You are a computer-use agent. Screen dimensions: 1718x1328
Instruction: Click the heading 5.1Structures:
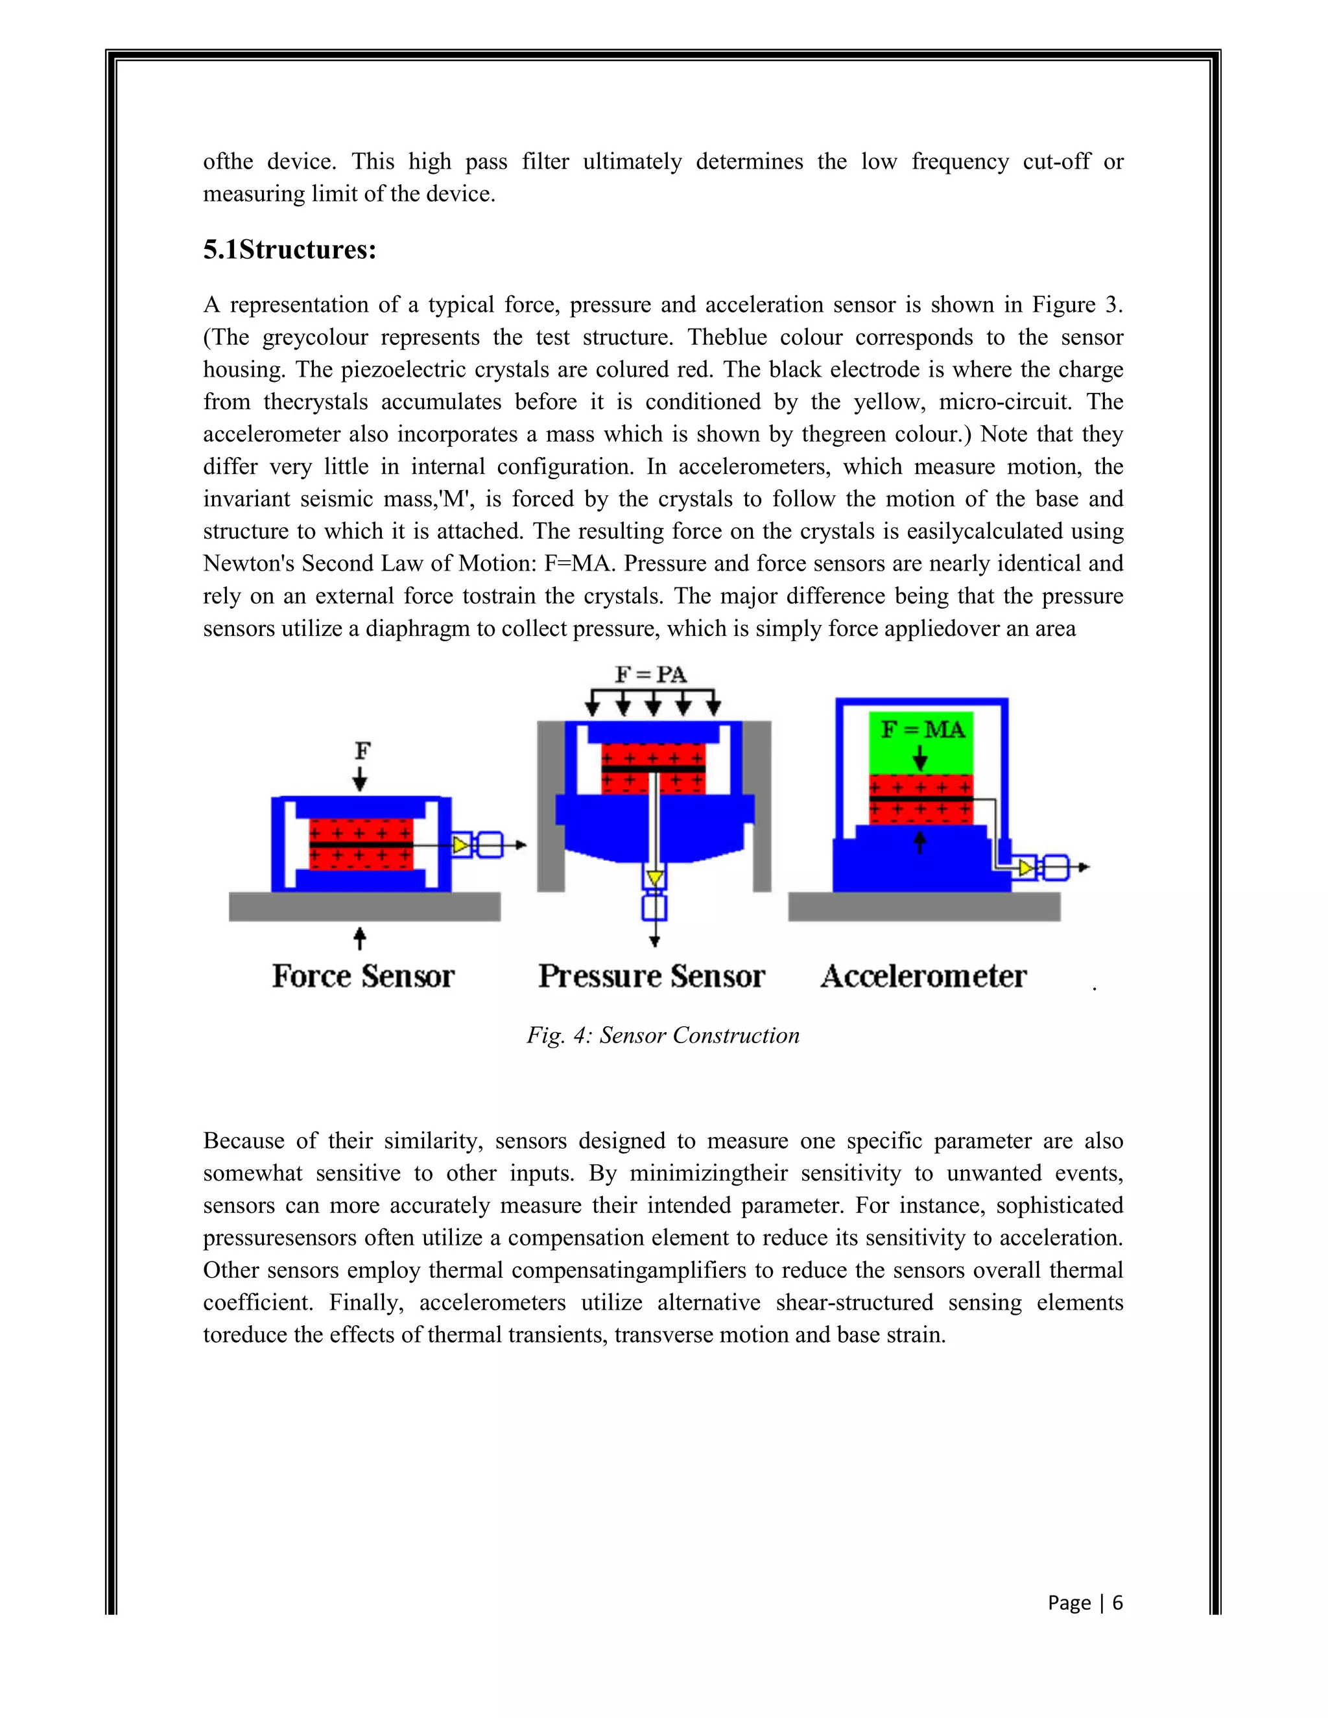coord(289,250)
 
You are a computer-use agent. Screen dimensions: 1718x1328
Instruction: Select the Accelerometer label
coord(923,976)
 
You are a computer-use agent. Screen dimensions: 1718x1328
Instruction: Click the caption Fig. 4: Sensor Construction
coord(663,1035)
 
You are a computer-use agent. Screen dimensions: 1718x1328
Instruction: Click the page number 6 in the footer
coord(1117,1603)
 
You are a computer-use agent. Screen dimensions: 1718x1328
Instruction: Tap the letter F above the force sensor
coord(362,751)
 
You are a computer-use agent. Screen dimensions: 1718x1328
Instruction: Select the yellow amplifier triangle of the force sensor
coord(460,845)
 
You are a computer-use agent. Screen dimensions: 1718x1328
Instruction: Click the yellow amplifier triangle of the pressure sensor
coord(654,878)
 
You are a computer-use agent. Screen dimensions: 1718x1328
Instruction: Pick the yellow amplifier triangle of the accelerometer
coord(1026,867)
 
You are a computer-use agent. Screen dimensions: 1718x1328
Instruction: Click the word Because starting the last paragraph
coord(243,1140)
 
